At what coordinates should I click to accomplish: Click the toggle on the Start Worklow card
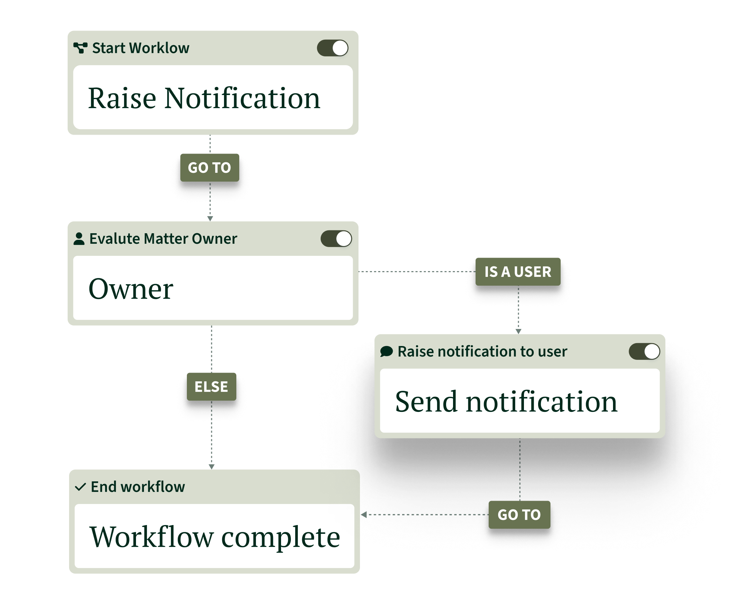pyautogui.click(x=332, y=48)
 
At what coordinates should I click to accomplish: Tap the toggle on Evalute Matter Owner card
pyautogui.click(x=336, y=239)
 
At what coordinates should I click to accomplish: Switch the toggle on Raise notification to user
pyautogui.click(x=644, y=351)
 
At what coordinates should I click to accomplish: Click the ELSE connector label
pyautogui.click(x=212, y=386)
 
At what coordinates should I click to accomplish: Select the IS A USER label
pyautogui.click(x=518, y=272)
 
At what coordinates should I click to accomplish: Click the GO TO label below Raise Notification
pyautogui.click(x=210, y=168)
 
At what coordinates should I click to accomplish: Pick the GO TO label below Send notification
pyautogui.click(x=519, y=515)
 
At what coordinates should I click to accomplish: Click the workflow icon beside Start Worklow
pyautogui.click(x=80, y=48)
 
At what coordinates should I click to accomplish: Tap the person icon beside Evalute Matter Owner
pyautogui.click(x=79, y=239)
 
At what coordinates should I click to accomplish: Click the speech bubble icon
pyautogui.click(x=386, y=351)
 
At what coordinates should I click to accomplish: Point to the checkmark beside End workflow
pyautogui.click(x=80, y=487)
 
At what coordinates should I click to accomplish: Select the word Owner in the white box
pyautogui.click(x=131, y=289)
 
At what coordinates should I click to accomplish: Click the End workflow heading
pyautogui.click(x=138, y=487)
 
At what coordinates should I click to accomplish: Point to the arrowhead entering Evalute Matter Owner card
pyautogui.click(x=210, y=219)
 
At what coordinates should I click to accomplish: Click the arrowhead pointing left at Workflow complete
pyautogui.click(x=364, y=514)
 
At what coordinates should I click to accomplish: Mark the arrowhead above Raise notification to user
pyautogui.click(x=518, y=331)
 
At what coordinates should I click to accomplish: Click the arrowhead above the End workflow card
pyautogui.click(x=212, y=467)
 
